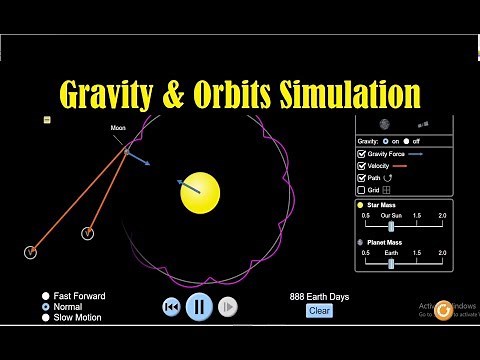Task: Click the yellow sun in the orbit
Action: (x=200, y=192)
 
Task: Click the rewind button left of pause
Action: (x=171, y=306)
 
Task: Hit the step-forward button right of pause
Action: (x=228, y=306)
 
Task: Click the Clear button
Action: (x=319, y=310)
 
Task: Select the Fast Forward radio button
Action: (x=46, y=296)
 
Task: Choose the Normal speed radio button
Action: (x=46, y=307)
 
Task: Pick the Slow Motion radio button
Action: (x=46, y=318)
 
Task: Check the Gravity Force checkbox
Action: (x=362, y=154)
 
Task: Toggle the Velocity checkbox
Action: (x=362, y=166)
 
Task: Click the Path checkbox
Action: (x=362, y=178)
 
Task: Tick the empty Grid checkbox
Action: (x=362, y=190)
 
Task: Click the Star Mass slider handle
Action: (x=391, y=226)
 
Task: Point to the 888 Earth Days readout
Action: (x=319, y=297)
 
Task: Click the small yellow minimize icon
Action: (x=47, y=120)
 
